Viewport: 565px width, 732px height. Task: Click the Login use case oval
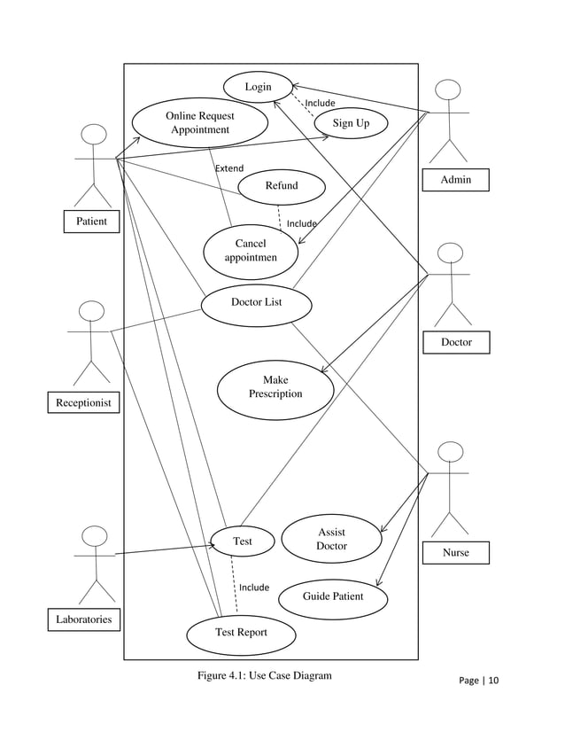(x=258, y=87)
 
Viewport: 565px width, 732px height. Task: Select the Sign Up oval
(x=351, y=123)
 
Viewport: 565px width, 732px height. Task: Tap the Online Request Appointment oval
(x=200, y=123)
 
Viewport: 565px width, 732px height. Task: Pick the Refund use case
(x=282, y=186)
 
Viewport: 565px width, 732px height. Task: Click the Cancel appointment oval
(x=250, y=251)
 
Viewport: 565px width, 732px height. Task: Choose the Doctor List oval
(x=256, y=303)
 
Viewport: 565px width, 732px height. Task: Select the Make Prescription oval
(x=275, y=387)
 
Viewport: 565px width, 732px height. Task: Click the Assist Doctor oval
(x=331, y=539)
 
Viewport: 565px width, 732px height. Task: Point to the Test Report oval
(x=241, y=633)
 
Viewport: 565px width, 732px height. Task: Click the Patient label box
(x=91, y=221)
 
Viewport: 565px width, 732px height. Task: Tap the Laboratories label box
(x=84, y=619)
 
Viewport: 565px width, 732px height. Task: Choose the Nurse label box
(x=456, y=553)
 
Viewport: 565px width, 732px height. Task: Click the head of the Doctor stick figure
(x=451, y=253)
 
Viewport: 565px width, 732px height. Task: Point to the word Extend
(x=229, y=167)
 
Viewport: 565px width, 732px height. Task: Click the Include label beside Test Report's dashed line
(x=254, y=587)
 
